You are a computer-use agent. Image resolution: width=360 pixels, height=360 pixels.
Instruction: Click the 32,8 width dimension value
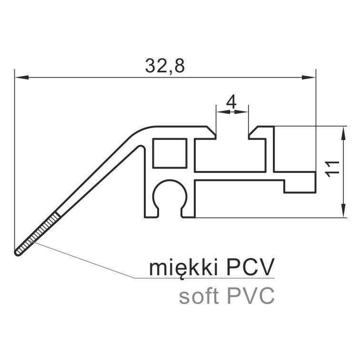coord(165,66)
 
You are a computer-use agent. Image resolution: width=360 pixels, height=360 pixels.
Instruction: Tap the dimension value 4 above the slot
coord(231,102)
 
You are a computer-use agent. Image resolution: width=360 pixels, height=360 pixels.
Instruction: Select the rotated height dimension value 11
coord(332,169)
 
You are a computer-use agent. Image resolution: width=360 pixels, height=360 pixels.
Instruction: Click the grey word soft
coord(199,296)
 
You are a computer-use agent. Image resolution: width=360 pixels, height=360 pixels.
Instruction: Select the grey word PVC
coord(250,296)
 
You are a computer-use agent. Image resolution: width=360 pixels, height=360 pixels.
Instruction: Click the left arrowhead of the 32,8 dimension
coord(21,77)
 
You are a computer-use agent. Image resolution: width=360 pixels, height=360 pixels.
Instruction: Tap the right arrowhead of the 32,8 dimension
coord(309,77)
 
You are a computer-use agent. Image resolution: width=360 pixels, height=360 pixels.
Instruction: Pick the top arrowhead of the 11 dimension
coord(343,133)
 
